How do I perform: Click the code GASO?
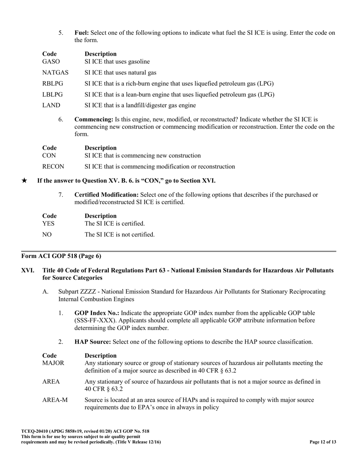pyautogui.click(x=51, y=62)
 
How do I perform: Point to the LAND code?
pyautogui.click(x=51, y=105)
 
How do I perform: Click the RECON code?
pyautogui.click(x=53, y=167)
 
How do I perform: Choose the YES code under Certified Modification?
pyautogui.click(x=48, y=224)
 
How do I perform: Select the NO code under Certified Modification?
pyautogui.click(x=47, y=235)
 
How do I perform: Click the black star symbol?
pyautogui.click(x=24, y=181)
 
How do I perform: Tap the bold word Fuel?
pyautogui.click(x=82, y=33)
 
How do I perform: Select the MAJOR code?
pyautogui.click(x=53, y=363)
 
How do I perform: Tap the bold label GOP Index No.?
pyautogui.click(x=97, y=313)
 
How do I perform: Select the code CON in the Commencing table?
pyautogui.click(x=49, y=156)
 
